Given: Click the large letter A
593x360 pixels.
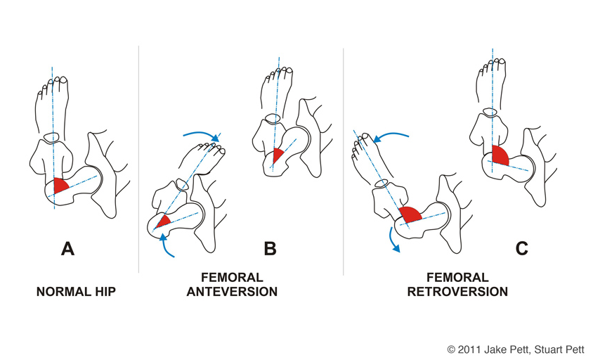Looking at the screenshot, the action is (67, 249).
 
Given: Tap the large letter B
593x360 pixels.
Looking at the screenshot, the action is (270, 249).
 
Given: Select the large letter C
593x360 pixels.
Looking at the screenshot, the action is (521, 249).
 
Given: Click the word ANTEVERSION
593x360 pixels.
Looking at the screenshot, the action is (232, 292).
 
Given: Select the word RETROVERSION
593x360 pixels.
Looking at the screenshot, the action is (457, 292).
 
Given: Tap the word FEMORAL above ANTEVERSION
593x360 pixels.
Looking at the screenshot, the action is (232, 278).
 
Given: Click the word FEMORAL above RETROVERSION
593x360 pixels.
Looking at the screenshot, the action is (457, 278).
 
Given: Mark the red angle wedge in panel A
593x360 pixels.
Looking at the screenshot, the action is (59, 185).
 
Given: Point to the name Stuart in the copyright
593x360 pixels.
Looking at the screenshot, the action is (546, 349).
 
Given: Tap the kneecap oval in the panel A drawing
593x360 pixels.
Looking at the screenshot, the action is (51, 136).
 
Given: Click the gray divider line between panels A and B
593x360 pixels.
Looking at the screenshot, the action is (139, 159).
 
